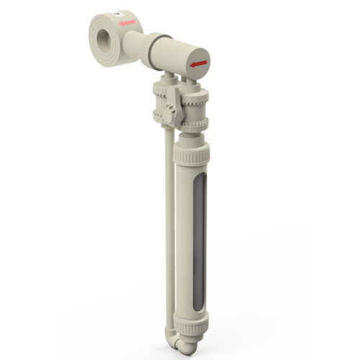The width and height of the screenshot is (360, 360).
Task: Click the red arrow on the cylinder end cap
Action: click(198, 64)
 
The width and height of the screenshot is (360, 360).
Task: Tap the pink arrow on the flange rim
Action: click(128, 23)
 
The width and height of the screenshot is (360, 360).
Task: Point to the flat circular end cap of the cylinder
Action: click(197, 63)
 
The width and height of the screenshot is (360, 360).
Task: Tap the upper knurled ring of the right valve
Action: click(195, 94)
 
